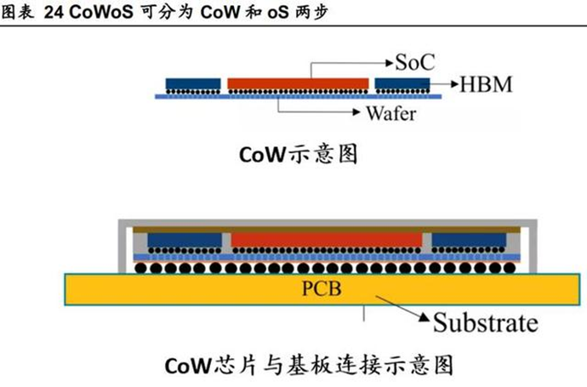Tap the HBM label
tap(488, 84)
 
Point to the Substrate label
tap(486, 323)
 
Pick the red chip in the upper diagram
tap(298, 83)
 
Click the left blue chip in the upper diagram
tap(192, 83)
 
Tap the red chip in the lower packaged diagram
tap(327, 239)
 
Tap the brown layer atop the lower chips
tap(327, 229)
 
